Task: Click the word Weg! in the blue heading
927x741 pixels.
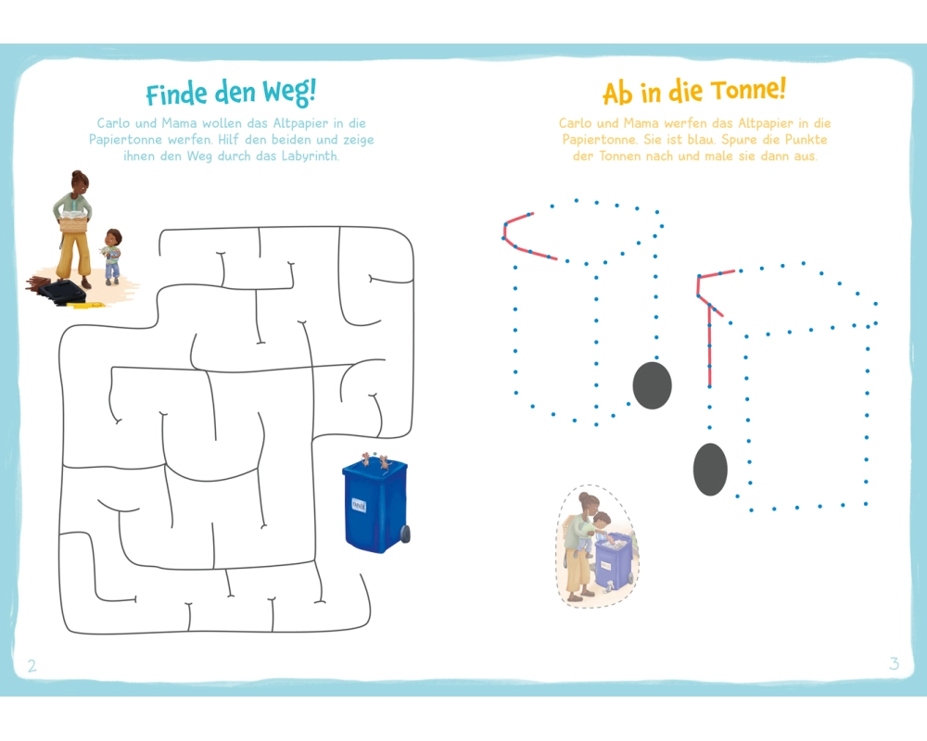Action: coord(289,93)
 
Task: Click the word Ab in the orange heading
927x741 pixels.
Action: coord(617,94)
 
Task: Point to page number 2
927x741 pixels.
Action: coord(32,666)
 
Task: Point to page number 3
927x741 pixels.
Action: coord(894,663)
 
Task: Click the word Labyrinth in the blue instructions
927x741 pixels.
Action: coord(310,156)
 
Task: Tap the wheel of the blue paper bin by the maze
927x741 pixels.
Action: coord(405,533)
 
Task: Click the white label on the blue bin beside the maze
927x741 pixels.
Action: coord(359,505)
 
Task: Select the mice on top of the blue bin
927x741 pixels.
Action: coord(375,459)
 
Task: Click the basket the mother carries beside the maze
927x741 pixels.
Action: coord(73,224)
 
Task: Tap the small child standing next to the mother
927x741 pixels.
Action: coord(112,256)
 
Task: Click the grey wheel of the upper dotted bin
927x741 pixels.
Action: coord(652,385)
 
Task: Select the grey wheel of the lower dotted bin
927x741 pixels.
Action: coord(710,470)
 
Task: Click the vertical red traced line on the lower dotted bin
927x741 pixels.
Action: coord(709,345)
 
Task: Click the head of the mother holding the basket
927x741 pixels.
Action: coord(79,181)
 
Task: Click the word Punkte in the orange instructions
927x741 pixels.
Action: coord(806,140)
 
